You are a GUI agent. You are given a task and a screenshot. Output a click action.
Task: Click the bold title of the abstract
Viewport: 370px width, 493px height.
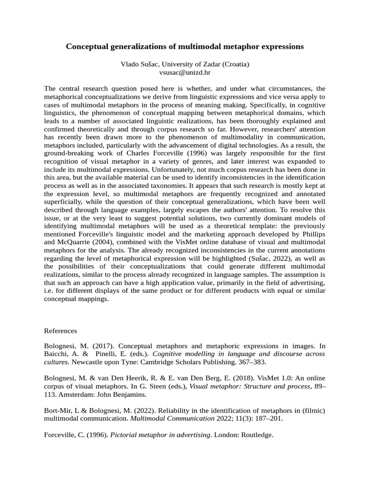(x=185, y=47)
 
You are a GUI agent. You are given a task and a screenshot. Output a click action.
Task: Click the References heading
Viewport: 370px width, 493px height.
(x=60, y=331)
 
